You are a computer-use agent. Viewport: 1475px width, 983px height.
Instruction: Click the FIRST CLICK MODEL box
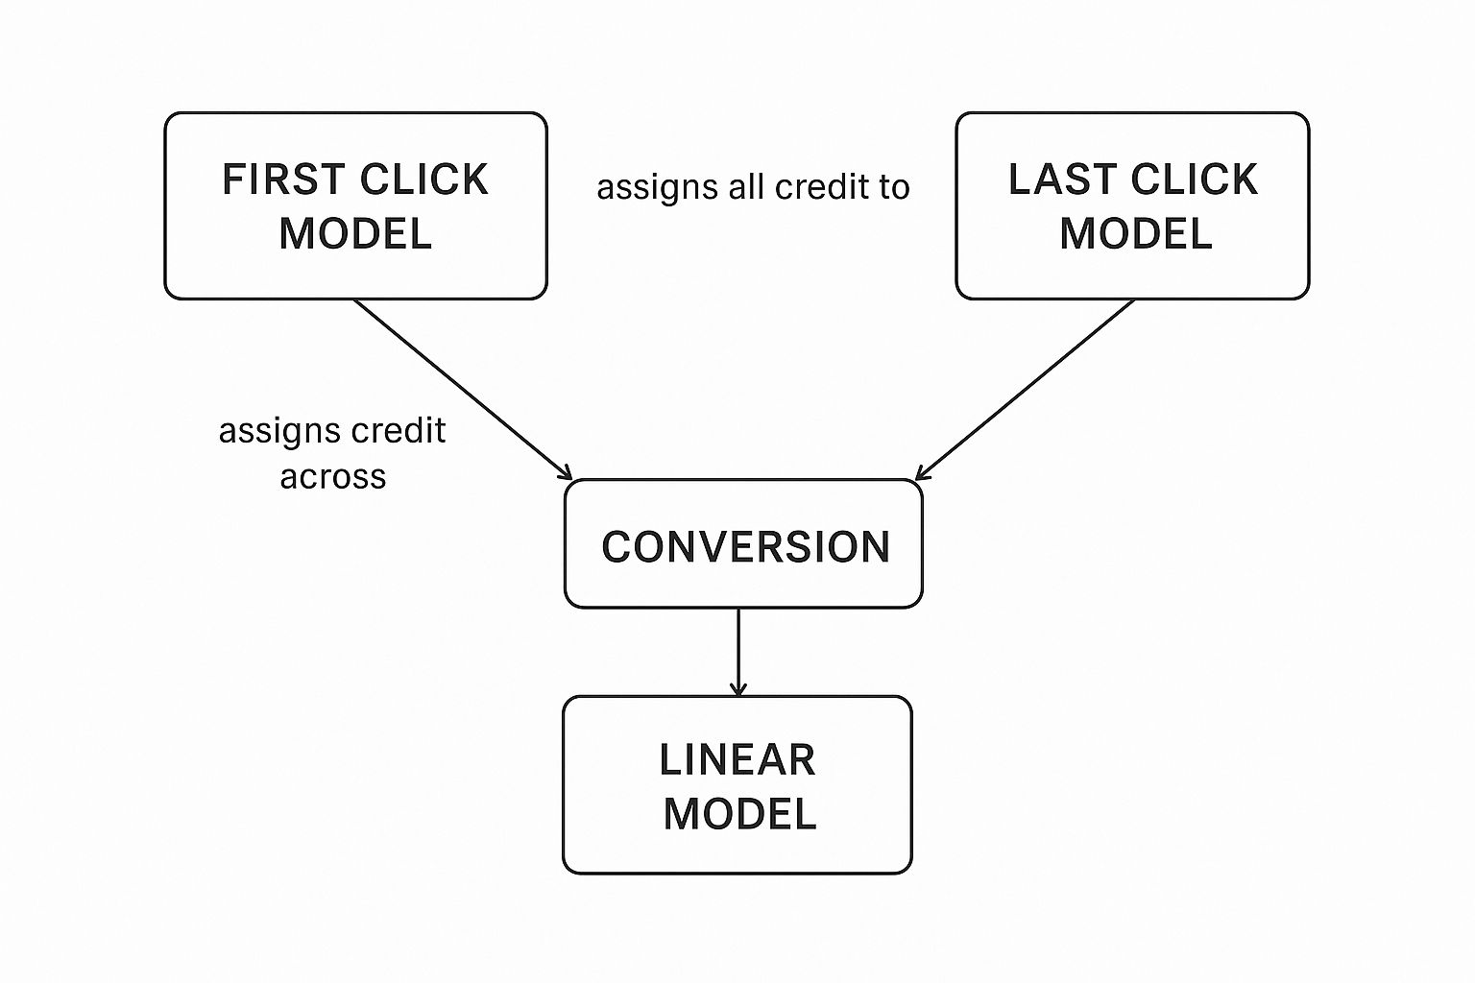pos(355,205)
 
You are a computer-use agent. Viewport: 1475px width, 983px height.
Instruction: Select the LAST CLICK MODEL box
pos(1132,205)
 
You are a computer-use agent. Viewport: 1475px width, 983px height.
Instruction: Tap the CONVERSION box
pos(743,544)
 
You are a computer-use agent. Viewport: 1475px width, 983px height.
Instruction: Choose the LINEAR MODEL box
pos(737,784)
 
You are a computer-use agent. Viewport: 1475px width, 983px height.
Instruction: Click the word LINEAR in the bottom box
pos(737,760)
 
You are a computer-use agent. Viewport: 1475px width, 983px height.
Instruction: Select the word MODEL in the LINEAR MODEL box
pos(739,814)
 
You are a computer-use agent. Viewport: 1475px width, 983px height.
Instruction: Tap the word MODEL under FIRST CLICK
pos(355,234)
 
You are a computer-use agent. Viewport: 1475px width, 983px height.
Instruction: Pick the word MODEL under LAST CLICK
pos(1136,234)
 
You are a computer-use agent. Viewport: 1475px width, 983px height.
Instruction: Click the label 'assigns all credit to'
pos(753,187)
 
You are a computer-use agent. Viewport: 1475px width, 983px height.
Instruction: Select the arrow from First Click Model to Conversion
pos(461,388)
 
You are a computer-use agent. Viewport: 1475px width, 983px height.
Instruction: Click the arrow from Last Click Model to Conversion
pos(1026,389)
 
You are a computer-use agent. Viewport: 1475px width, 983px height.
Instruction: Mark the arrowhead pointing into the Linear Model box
pos(737,689)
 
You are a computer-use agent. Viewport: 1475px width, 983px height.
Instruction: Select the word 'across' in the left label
pos(332,477)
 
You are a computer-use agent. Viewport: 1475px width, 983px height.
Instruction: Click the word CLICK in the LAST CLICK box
pos(1194,180)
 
